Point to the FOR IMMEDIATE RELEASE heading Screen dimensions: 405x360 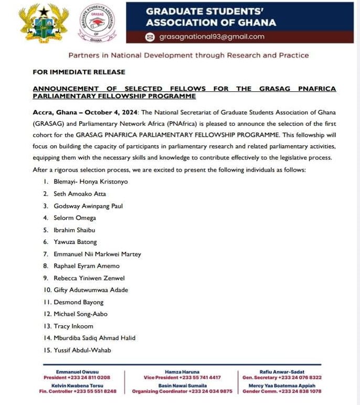pyautogui.click(x=79, y=72)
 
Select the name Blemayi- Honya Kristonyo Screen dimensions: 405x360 pyautogui.click(x=90, y=182)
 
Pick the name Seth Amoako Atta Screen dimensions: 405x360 pyautogui.click(x=79, y=194)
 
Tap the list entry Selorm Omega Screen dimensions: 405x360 pyautogui.click(x=75, y=218)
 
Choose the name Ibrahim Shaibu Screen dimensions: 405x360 pyautogui.click(x=75, y=230)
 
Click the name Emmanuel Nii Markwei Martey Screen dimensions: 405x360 pyautogui.click(x=97, y=254)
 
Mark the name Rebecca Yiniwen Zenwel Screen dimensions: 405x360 pyautogui.click(x=89, y=278)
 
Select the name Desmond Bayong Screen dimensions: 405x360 pyautogui.click(x=78, y=302)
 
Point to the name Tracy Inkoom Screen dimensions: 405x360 pyautogui.click(x=73, y=326)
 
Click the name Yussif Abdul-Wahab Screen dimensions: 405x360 pyautogui.click(x=82, y=350)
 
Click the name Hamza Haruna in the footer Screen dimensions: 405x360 pyautogui.click(x=182, y=371)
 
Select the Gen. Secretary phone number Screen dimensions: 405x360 pyautogui.click(x=300, y=378)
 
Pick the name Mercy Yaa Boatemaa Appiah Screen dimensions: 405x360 pyautogui.click(x=282, y=385)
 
